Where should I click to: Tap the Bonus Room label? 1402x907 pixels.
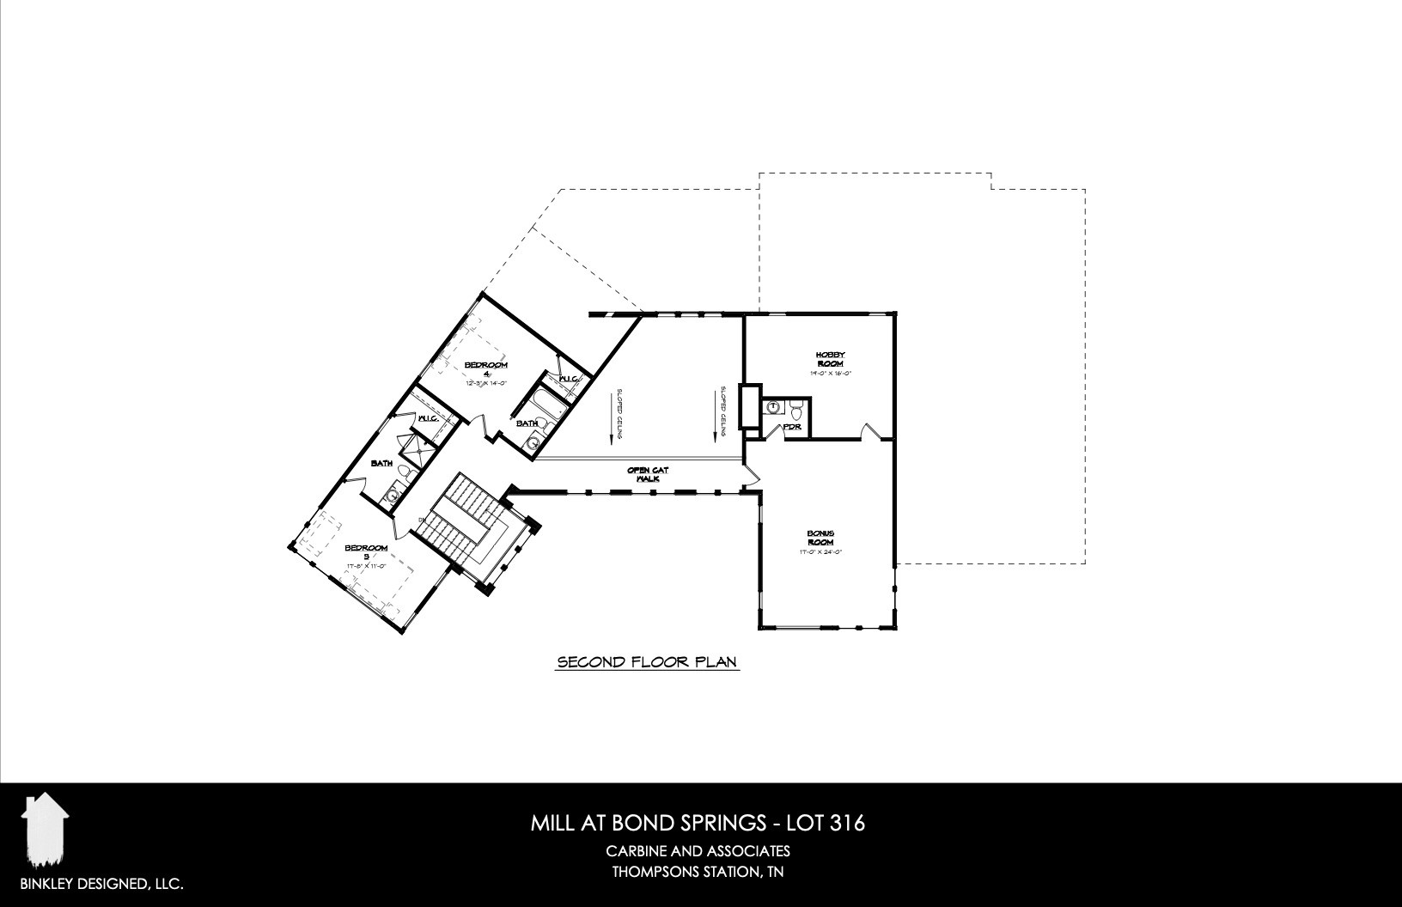[820, 537]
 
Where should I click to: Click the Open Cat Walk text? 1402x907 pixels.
[647, 474]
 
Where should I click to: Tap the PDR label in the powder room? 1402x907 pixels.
[792, 426]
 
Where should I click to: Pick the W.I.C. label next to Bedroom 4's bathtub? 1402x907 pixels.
[569, 379]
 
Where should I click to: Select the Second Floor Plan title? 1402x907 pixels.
[648, 662]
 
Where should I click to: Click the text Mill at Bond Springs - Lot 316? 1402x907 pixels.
[697, 824]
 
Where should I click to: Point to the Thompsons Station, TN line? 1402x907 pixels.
[697, 872]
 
